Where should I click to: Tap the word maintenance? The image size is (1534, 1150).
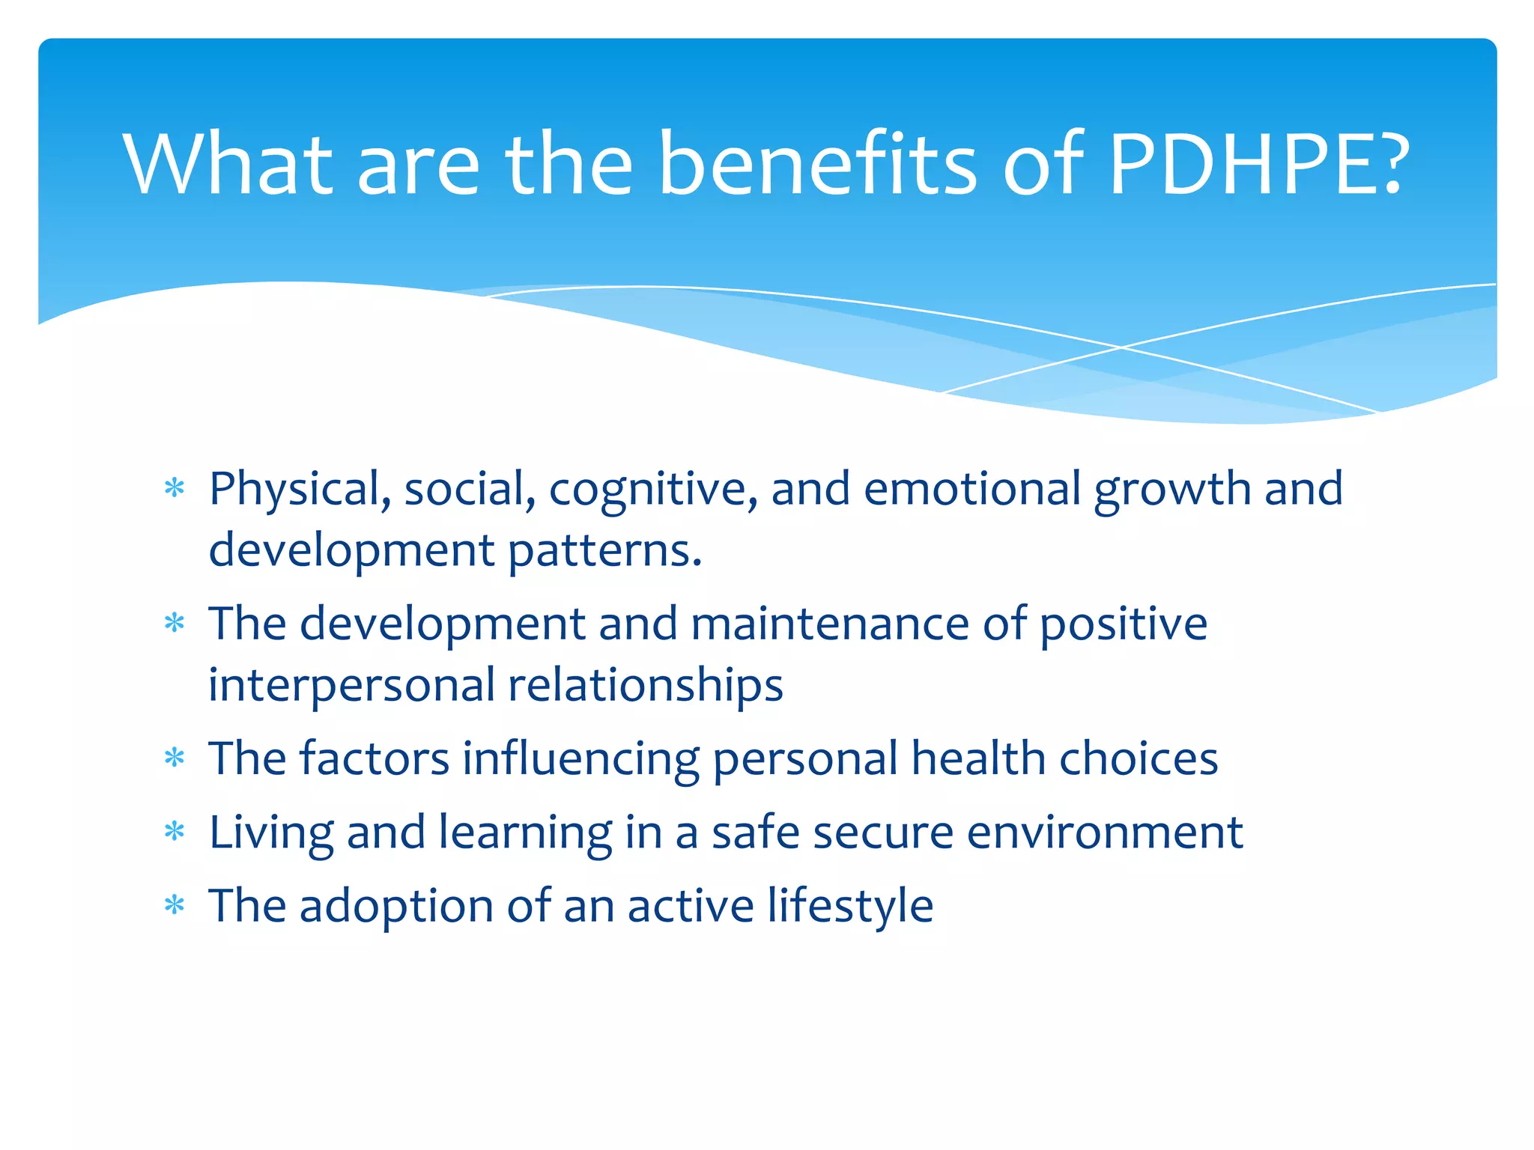pyautogui.click(x=829, y=624)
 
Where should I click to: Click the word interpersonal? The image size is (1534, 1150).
pyautogui.click(x=351, y=686)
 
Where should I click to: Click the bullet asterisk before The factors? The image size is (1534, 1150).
pyautogui.click(x=175, y=758)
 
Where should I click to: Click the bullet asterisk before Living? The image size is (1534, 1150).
pyautogui.click(x=175, y=832)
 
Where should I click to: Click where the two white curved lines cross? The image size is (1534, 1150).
pyautogui.click(x=1121, y=347)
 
